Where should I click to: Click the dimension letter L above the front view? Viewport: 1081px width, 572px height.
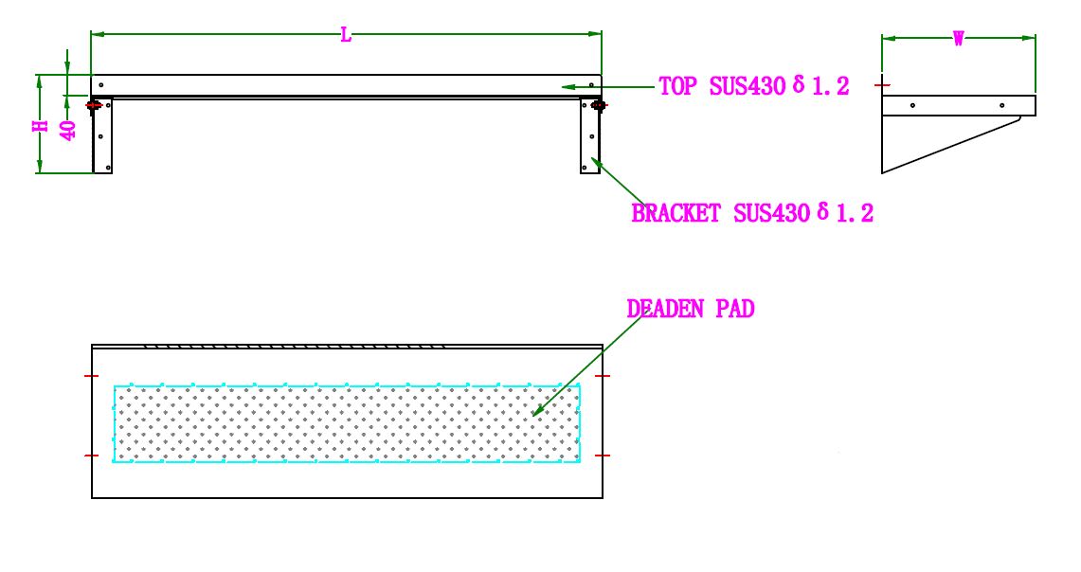point(346,35)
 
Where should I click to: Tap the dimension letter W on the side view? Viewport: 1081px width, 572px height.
point(958,39)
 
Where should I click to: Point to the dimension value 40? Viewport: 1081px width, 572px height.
point(68,129)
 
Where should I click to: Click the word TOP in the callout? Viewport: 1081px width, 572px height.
point(679,86)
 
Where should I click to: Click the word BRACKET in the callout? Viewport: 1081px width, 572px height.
point(676,213)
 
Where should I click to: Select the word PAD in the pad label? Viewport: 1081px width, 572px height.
point(735,309)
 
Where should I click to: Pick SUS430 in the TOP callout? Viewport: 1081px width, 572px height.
point(748,86)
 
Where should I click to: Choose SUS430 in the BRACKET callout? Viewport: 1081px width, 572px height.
point(771,213)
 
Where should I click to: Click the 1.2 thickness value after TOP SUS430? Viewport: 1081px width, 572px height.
point(829,86)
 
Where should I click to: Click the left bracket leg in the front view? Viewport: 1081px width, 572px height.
point(102,136)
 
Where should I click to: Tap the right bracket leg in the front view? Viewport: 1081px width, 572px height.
point(590,136)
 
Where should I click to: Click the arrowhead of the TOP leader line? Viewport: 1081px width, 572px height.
point(565,86)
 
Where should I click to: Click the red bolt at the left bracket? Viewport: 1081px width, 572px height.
point(95,105)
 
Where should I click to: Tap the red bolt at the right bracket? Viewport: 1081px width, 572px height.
point(598,105)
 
